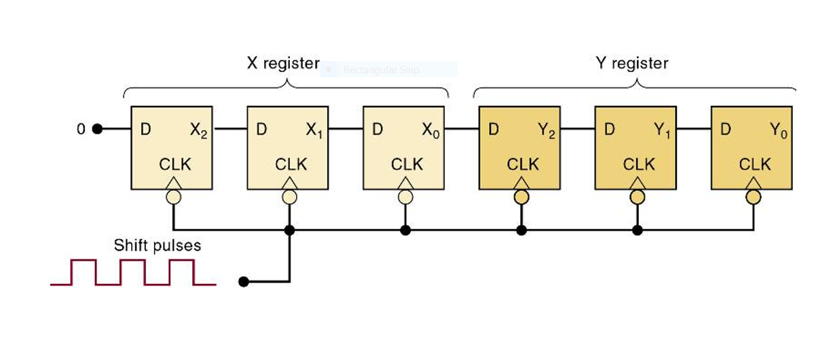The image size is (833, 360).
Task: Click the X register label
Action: (x=282, y=64)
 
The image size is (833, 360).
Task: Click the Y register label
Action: (x=631, y=64)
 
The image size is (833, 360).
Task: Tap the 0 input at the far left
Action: (x=81, y=129)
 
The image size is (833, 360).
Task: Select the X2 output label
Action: (x=198, y=130)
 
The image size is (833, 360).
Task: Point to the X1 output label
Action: (x=314, y=130)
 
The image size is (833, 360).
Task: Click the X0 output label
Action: (x=430, y=130)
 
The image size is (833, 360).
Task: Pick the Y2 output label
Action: (x=547, y=130)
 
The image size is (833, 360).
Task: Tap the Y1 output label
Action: (x=662, y=130)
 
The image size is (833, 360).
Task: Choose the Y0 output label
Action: (x=778, y=130)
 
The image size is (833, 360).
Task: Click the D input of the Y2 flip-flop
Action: (x=494, y=129)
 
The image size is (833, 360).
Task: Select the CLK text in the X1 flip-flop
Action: (x=291, y=164)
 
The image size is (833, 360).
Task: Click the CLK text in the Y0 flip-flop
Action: (x=755, y=164)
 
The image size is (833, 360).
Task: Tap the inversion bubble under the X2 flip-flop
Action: (x=174, y=197)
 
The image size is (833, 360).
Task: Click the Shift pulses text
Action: (x=158, y=245)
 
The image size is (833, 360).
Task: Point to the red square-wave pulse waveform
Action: (x=133, y=272)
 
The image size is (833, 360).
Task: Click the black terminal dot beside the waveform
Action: (x=243, y=281)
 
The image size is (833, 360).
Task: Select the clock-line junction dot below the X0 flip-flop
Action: (x=405, y=230)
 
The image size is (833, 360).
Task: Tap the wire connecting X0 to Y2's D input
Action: (x=462, y=129)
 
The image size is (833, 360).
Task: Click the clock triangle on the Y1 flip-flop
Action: (x=637, y=183)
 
